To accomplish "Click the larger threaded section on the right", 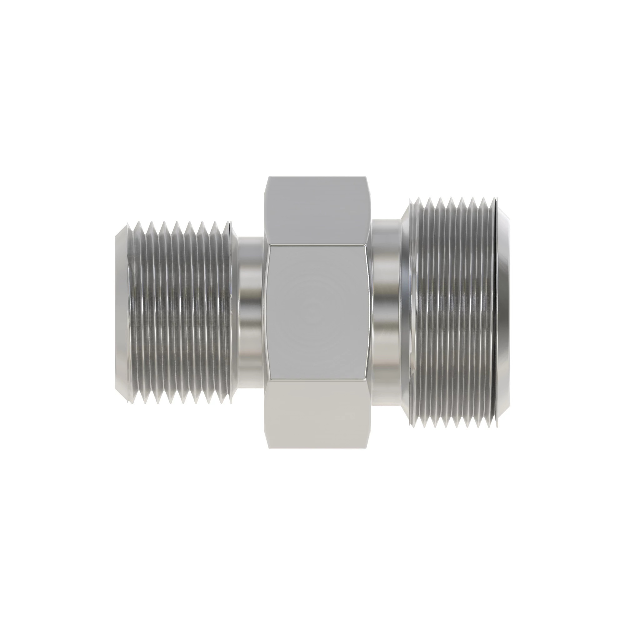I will [453, 312].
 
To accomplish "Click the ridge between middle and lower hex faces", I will [317, 378].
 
